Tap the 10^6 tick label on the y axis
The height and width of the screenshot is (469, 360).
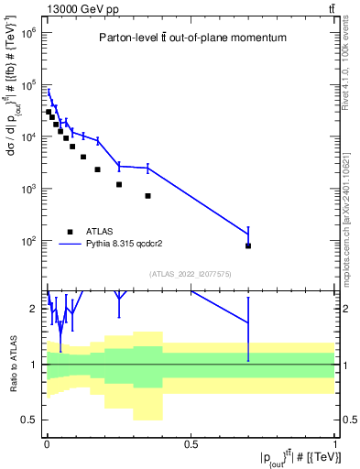[x=26, y=32]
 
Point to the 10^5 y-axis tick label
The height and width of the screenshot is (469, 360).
[x=26, y=84]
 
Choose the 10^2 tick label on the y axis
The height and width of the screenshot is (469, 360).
[x=26, y=241]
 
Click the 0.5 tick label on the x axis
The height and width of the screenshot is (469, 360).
[x=191, y=444]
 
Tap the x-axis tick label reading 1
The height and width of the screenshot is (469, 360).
[x=334, y=444]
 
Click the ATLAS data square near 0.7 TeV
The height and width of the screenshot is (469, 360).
[x=248, y=245]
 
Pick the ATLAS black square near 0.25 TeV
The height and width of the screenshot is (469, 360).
[x=119, y=184]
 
